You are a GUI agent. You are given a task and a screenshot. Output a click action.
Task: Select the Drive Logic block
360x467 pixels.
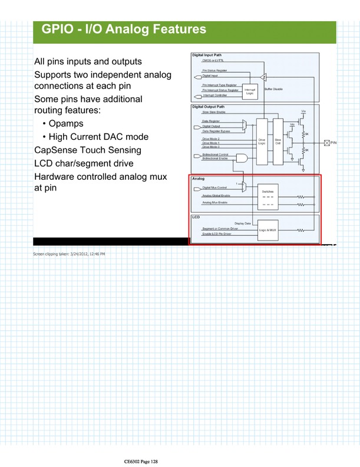coord(261,142)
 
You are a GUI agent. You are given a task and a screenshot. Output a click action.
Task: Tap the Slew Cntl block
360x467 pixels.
coord(278,142)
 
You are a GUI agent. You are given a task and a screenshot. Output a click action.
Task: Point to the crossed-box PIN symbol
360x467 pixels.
coord(328,142)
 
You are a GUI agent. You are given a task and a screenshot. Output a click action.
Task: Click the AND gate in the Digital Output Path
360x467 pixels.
coord(242,157)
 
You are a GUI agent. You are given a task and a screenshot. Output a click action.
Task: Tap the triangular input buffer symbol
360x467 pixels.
coord(263,76)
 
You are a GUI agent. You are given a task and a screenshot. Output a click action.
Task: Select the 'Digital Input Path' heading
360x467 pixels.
coord(207,55)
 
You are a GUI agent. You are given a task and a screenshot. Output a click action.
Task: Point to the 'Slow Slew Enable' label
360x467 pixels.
coord(214,111)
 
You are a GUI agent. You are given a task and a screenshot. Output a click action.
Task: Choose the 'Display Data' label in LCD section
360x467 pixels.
coord(243,223)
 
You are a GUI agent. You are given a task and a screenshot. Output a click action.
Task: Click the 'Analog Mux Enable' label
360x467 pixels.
coord(215,203)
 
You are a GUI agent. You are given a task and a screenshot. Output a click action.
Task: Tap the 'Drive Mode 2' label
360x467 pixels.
coord(211,138)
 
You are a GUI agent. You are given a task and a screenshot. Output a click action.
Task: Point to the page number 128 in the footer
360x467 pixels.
coord(153,460)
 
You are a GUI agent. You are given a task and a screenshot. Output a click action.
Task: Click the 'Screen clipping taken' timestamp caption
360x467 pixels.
coord(68,254)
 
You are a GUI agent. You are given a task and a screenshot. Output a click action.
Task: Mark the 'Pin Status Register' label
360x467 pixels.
coord(216,70)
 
